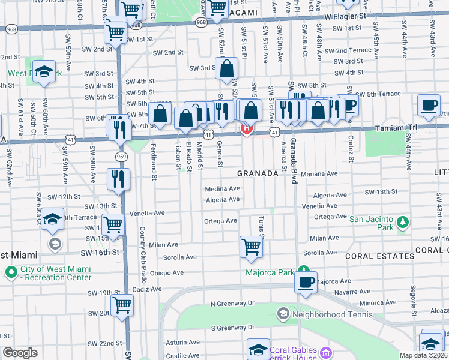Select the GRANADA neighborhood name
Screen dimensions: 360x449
258,173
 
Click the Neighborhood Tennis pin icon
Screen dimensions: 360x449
283,313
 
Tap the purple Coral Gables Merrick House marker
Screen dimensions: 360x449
326,352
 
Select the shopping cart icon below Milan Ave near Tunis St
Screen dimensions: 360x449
251,247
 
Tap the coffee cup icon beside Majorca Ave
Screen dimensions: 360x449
306,281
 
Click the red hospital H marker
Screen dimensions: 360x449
246,128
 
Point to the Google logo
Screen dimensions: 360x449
20,353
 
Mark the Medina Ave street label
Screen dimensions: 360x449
222,188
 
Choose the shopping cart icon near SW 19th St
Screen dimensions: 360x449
122,305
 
